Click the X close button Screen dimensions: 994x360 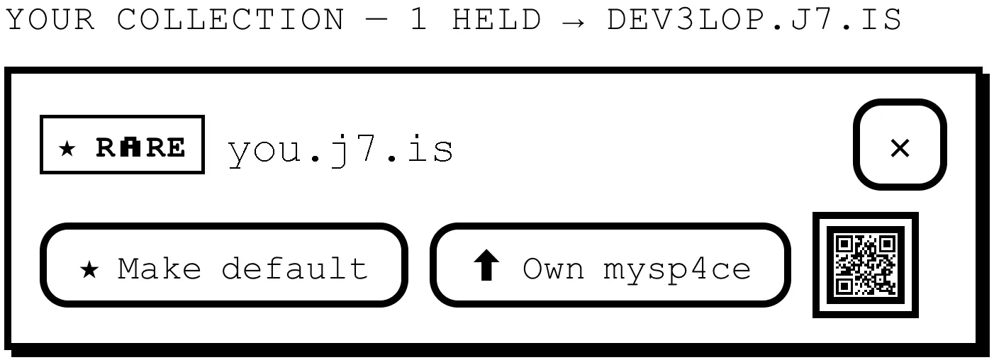click(900, 145)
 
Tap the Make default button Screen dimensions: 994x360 click(223, 265)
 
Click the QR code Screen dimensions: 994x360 click(865, 265)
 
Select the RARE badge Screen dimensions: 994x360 click(122, 145)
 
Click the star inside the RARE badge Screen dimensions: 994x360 click(67, 148)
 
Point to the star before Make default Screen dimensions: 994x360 click(89, 269)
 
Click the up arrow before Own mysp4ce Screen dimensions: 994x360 click(486, 265)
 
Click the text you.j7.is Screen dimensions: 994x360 click(340, 151)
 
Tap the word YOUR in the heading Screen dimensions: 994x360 click(50, 20)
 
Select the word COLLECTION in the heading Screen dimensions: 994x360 click(230, 20)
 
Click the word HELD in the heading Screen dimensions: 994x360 click(496, 20)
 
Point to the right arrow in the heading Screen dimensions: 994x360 click(574, 21)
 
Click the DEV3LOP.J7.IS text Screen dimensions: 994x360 click(754, 20)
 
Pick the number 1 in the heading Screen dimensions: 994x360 click(419, 20)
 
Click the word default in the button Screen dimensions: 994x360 click(295, 268)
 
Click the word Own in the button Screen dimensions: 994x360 click(553, 269)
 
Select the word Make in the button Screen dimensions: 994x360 click(160, 268)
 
